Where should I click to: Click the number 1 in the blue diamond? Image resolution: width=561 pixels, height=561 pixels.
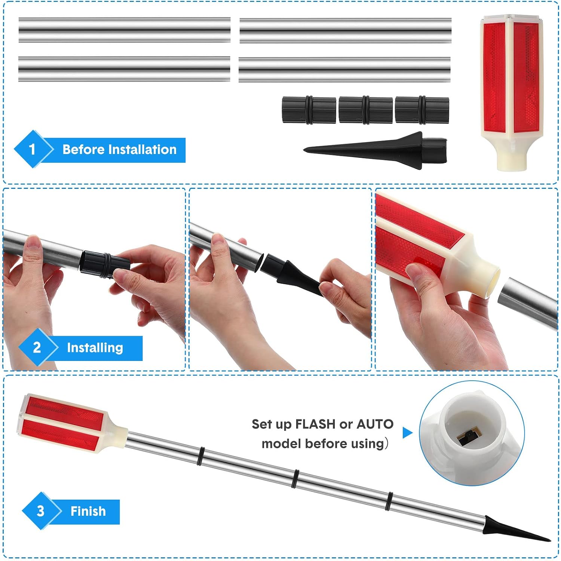point(32,149)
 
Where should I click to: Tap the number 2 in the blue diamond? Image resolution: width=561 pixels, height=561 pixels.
point(37,347)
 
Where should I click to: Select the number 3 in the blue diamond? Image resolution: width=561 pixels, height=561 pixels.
point(40,511)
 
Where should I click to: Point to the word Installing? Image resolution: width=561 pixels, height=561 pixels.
point(95,348)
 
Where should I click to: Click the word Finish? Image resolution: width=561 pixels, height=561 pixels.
point(88,511)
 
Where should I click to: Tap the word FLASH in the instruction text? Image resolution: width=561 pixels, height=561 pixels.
point(315,424)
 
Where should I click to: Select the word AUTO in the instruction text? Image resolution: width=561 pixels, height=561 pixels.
point(375,424)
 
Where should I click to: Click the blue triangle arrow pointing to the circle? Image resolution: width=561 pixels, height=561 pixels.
point(407,433)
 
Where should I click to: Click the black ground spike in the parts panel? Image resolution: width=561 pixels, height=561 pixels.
point(375,150)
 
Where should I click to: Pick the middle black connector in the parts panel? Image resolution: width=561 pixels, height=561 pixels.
point(365,110)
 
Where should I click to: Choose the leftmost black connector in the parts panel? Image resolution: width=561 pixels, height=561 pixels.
point(309,110)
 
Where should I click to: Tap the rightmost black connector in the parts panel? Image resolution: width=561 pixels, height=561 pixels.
point(422,110)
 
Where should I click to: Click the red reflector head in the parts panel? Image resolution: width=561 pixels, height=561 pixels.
point(510,93)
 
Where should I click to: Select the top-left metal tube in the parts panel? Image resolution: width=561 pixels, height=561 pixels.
point(125,30)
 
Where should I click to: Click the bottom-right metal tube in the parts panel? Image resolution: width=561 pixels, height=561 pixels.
point(344,70)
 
